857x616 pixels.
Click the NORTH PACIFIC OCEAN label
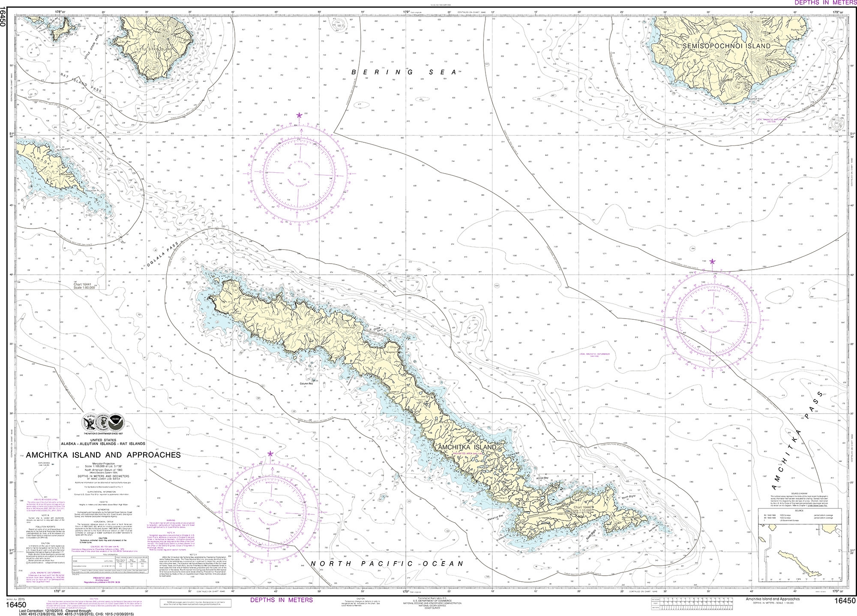point(387,563)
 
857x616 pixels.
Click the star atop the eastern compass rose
point(712,261)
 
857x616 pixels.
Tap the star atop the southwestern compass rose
point(270,454)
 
